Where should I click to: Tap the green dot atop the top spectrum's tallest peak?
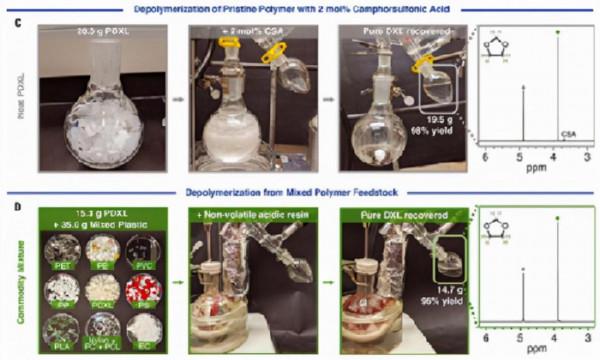tap(557, 32)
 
